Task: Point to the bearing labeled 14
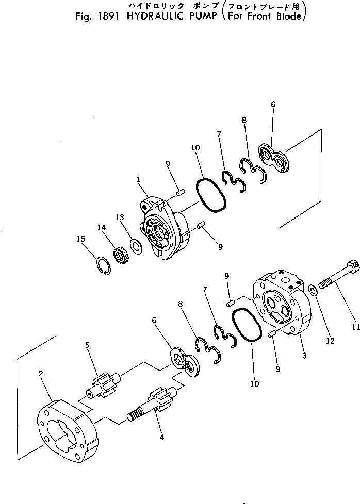(121, 256)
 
